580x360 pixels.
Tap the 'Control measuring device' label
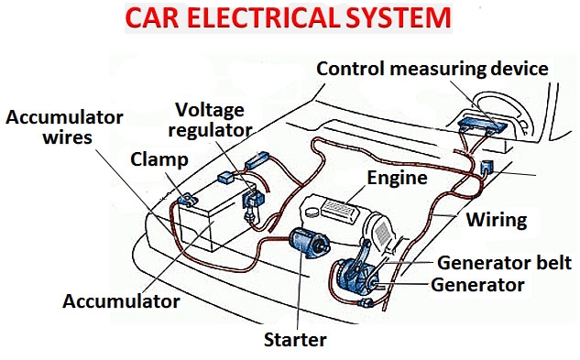[432, 70]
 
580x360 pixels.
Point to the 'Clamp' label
[157, 159]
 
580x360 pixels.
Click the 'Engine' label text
[397, 178]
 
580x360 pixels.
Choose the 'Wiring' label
[496, 220]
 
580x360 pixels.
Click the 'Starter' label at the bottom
[295, 340]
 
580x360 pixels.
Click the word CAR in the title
[153, 19]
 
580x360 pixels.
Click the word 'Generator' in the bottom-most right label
[477, 285]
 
